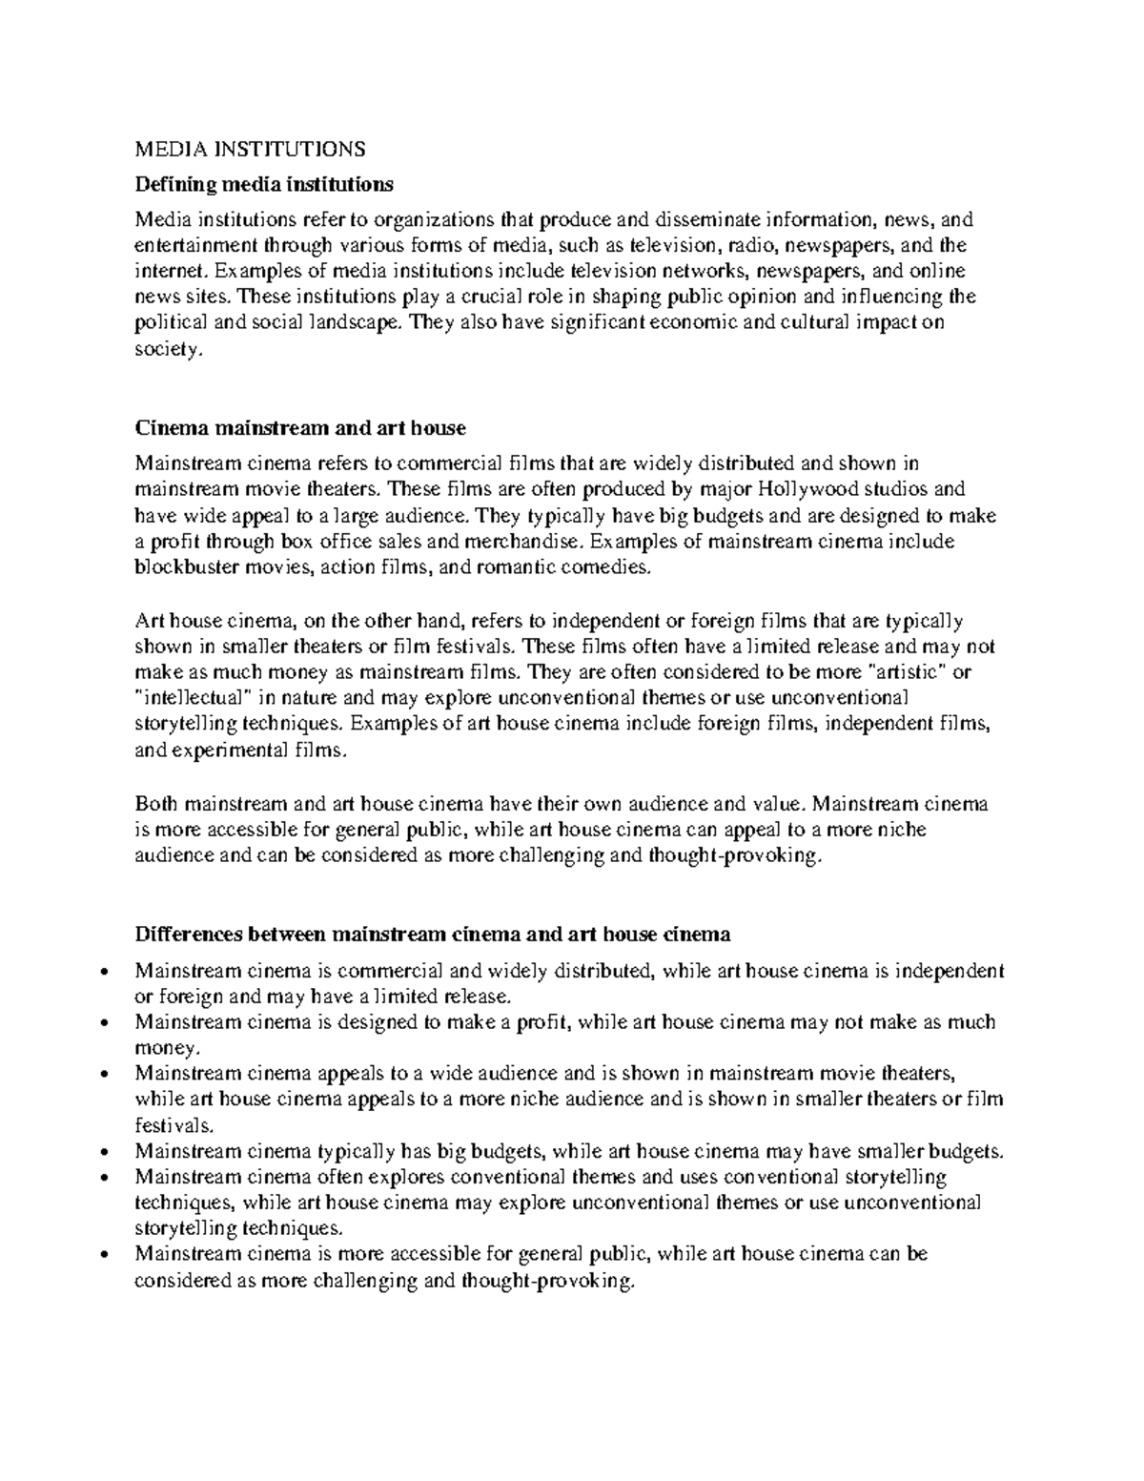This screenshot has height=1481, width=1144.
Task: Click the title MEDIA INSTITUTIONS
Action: click(250, 149)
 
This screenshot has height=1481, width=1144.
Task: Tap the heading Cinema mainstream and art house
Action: click(300, 428)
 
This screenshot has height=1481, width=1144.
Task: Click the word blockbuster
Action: click(187, 568)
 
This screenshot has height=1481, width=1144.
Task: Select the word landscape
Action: click(356, 323)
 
